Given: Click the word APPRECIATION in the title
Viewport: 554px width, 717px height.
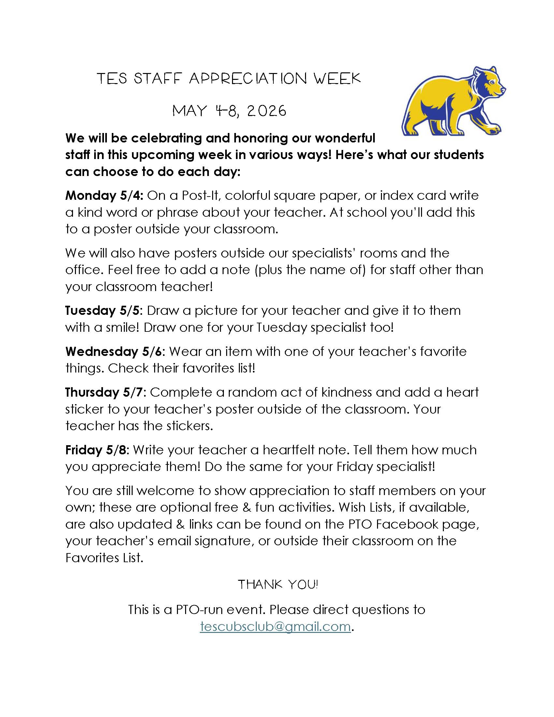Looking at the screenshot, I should (248, 79).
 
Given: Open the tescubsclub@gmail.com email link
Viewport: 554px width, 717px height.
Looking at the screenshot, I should (275, 627).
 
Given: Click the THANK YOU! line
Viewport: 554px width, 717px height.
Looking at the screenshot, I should (278, 585).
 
